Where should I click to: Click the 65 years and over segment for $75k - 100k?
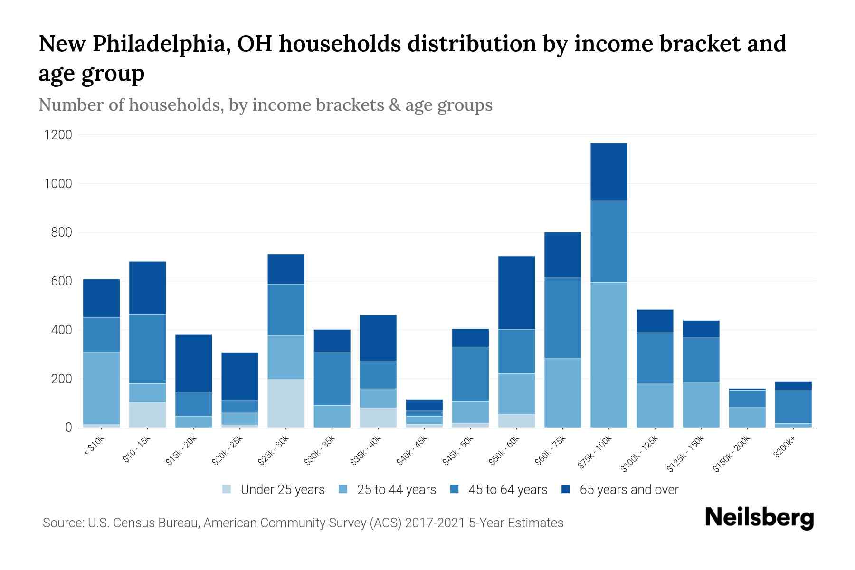(608, 172)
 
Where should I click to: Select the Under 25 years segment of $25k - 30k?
(286, 403)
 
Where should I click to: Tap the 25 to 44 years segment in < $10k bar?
(101, 388)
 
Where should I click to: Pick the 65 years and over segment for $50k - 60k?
(516, 293)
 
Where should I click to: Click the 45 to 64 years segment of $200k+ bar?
(793, 407)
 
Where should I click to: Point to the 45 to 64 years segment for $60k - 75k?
(562, 318)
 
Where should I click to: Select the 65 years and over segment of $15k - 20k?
(194, 363)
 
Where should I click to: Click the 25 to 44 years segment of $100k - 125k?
(655, 406)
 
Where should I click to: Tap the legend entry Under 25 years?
(282, 490)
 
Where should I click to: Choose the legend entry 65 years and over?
(628, 490)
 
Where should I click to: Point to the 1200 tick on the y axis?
(58, 135)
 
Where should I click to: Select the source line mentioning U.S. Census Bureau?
(303, 523)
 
